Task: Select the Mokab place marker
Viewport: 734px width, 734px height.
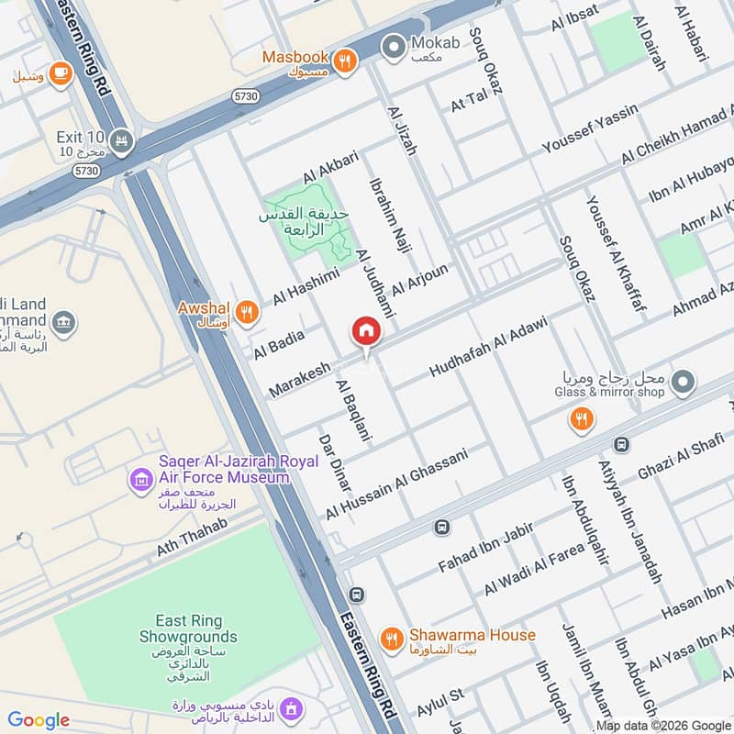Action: point(395,44)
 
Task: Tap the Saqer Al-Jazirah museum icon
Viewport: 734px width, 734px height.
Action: point(140,478)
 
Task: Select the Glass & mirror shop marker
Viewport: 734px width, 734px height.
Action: point(682,383)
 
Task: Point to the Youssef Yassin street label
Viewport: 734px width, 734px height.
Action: point(589,129)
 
